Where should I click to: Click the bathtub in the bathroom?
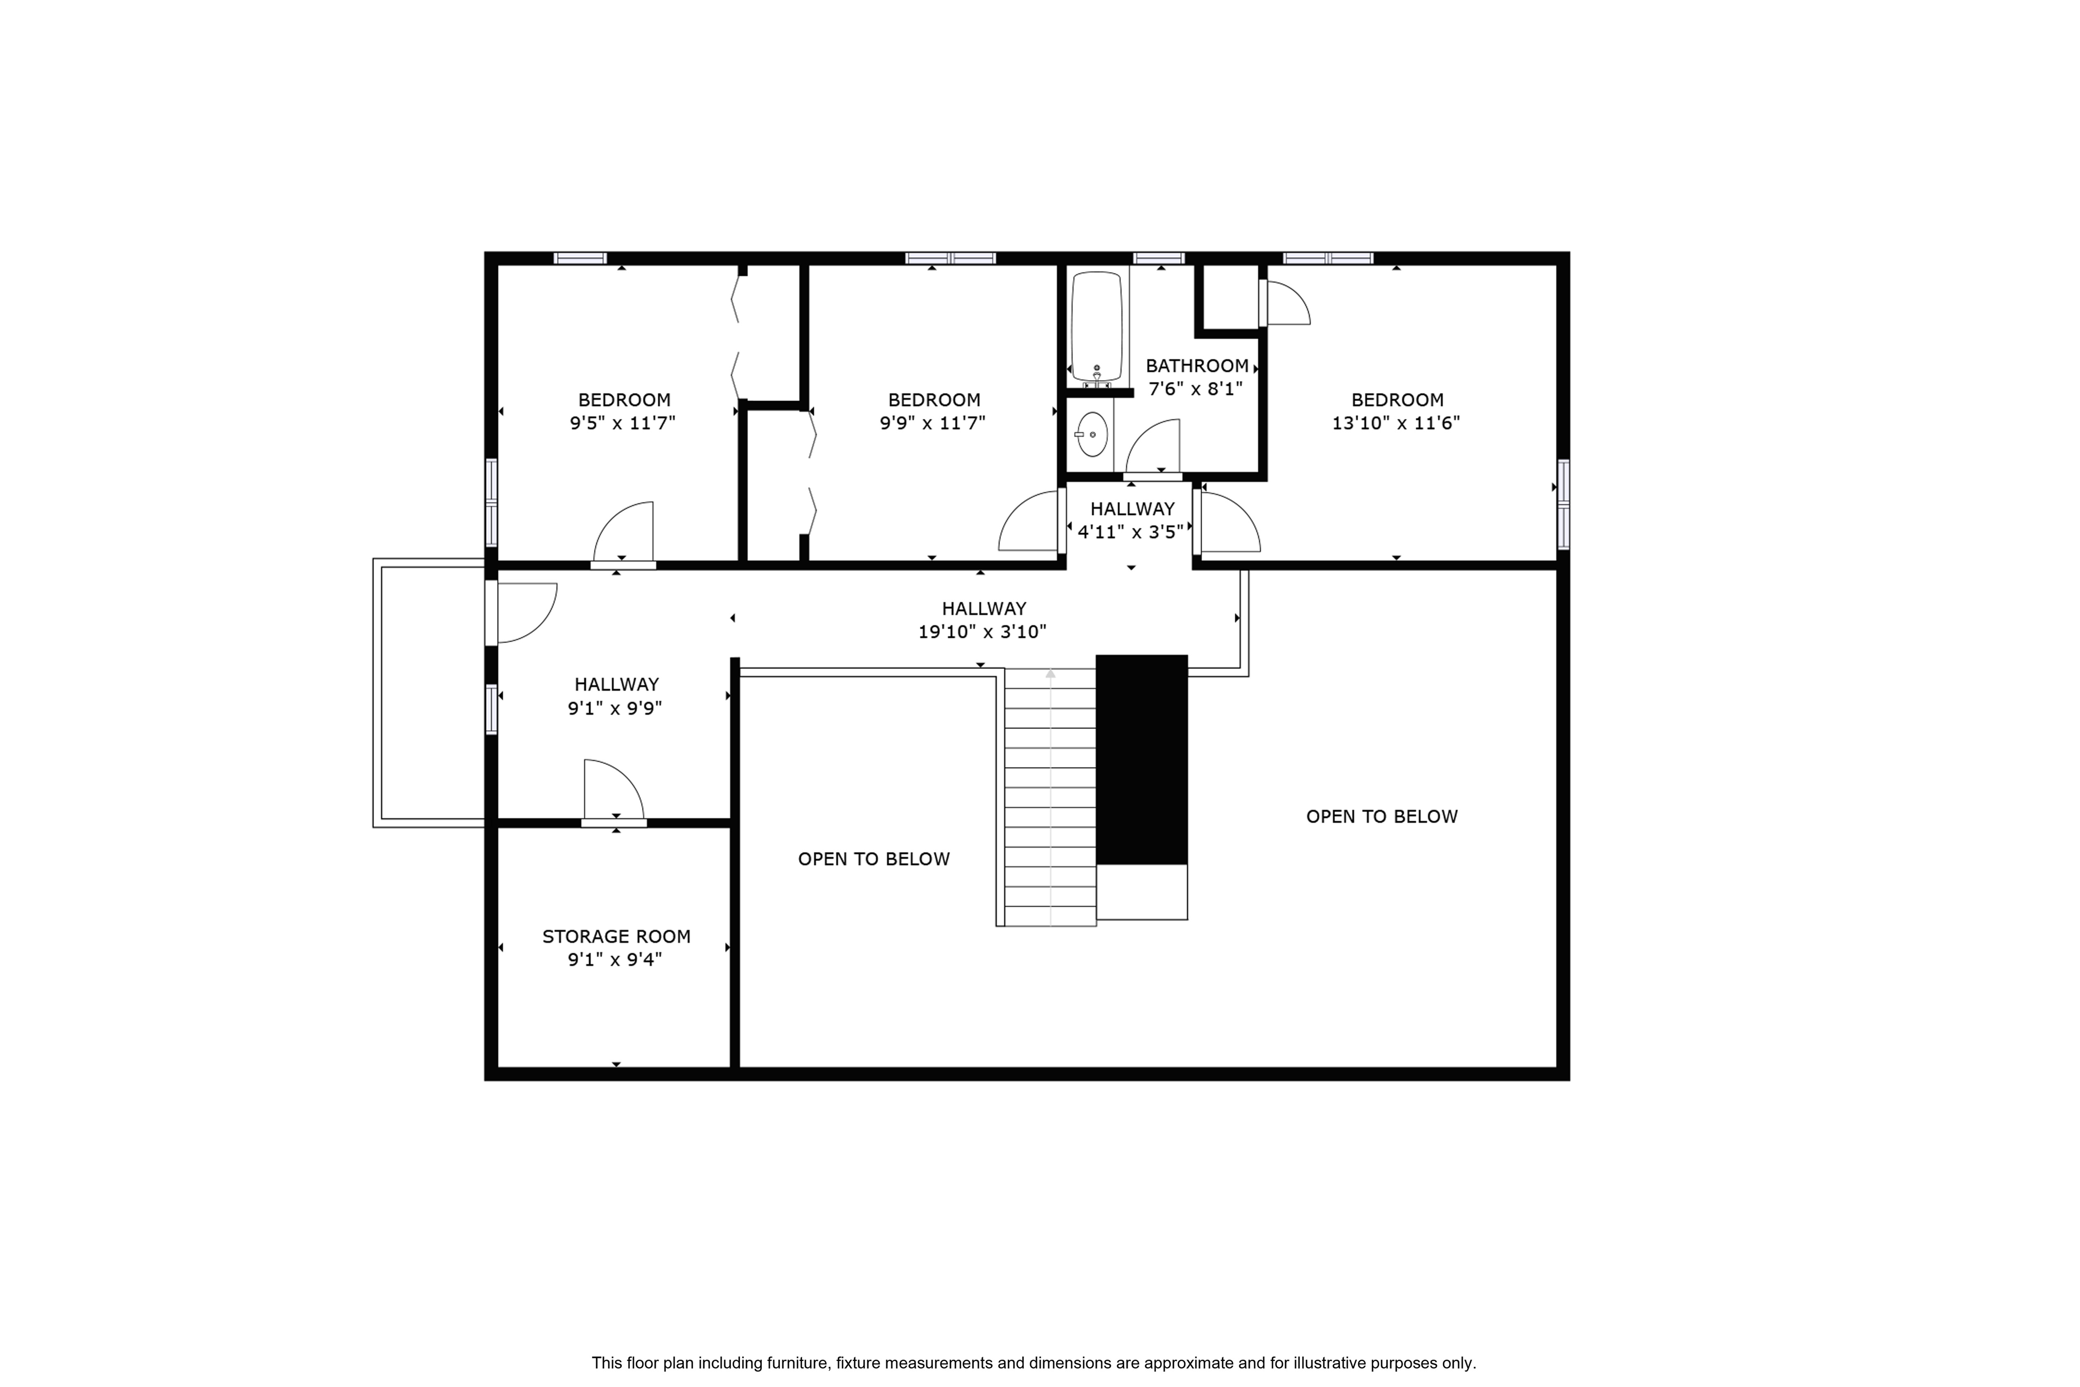1097,327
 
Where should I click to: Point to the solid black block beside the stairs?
1142,759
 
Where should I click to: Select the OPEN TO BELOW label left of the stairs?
874,859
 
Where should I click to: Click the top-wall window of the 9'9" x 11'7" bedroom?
951,258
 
